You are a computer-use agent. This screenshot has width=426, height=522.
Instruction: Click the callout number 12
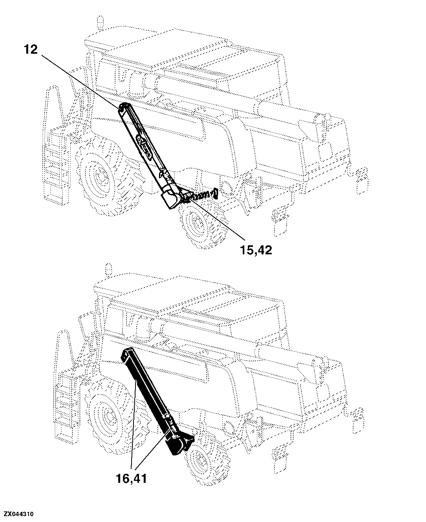coord(31,49)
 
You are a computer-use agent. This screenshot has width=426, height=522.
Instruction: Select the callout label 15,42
coord(256,250)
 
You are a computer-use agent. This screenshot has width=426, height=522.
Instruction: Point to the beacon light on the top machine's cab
coord(100,23)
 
